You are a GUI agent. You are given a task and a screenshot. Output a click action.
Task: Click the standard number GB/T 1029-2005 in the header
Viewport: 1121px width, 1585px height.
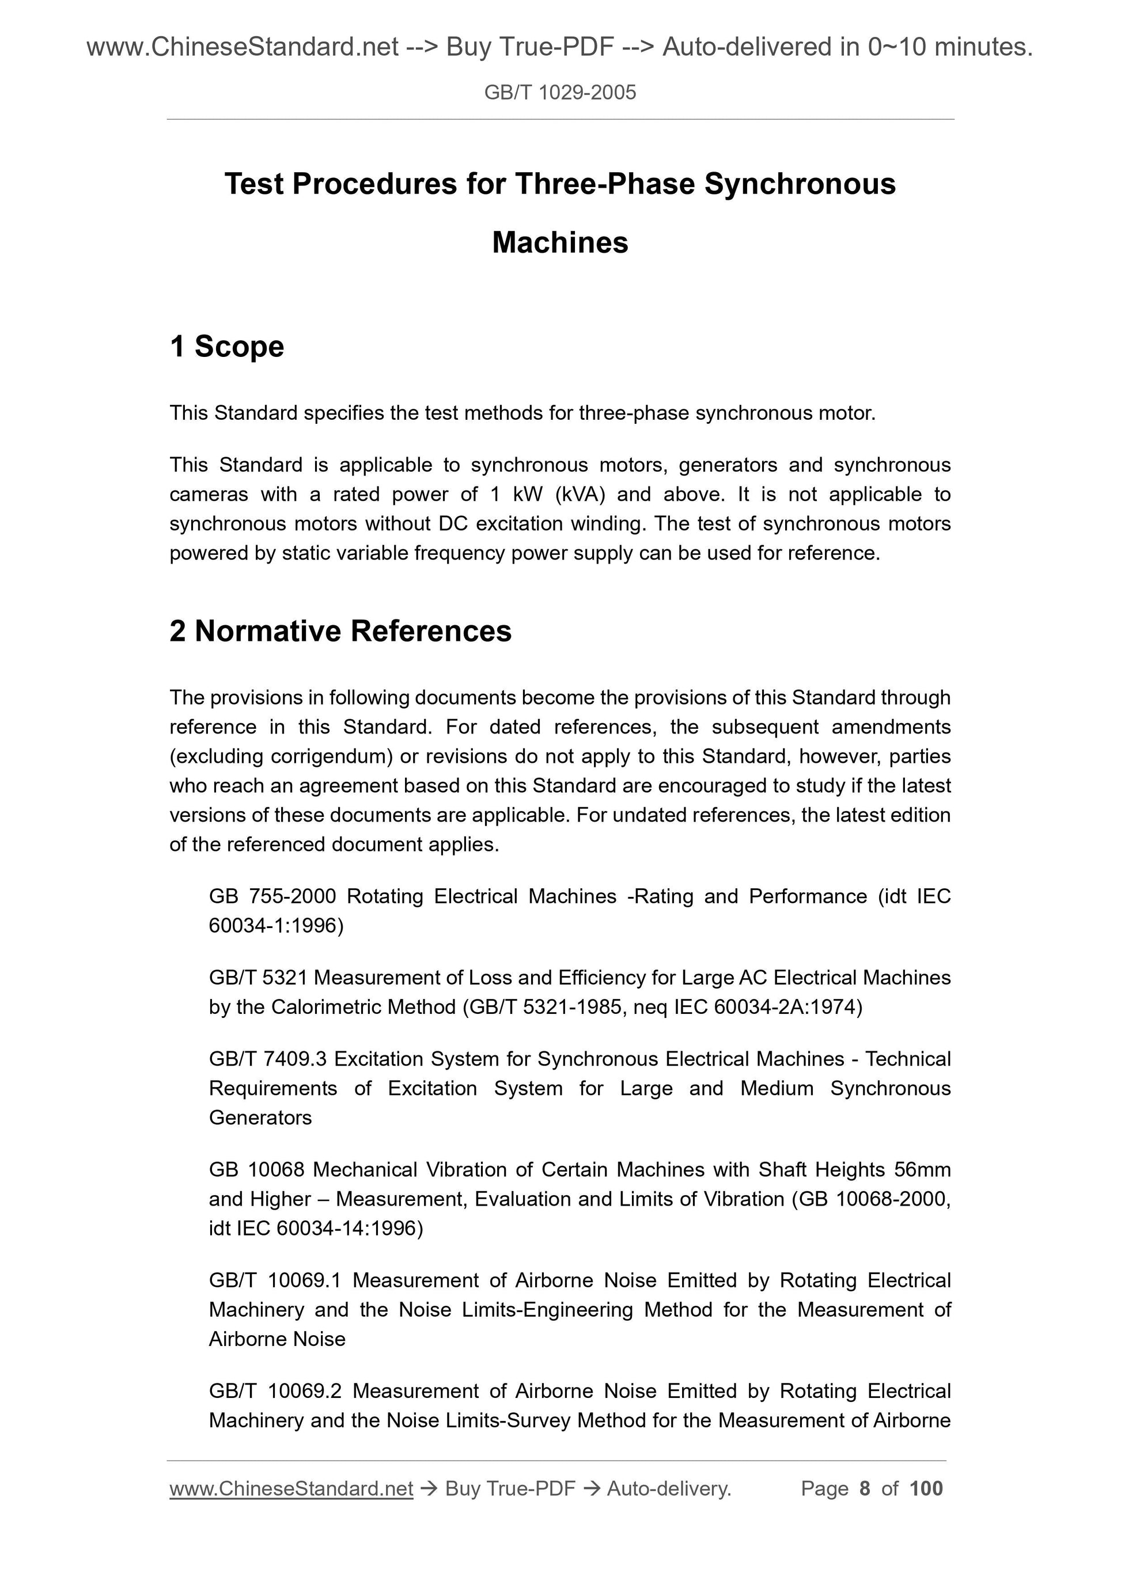559,93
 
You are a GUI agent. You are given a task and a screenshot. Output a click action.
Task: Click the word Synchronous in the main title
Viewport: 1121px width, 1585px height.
800,184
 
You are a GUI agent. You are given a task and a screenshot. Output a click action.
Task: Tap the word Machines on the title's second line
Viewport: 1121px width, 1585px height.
560,242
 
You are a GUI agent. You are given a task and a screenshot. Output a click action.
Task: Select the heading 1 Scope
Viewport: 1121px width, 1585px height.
226,346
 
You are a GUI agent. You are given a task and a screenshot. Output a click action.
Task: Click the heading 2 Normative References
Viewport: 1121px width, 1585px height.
340,631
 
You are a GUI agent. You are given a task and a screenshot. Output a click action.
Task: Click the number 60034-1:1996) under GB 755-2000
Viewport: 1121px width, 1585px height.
277,925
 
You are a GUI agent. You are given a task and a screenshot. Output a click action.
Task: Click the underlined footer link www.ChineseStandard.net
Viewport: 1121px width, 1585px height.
291,1488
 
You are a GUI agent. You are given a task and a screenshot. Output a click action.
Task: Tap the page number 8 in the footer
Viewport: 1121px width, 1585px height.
865,1488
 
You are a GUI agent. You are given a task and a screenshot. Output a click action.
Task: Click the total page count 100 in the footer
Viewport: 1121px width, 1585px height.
926,1488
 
